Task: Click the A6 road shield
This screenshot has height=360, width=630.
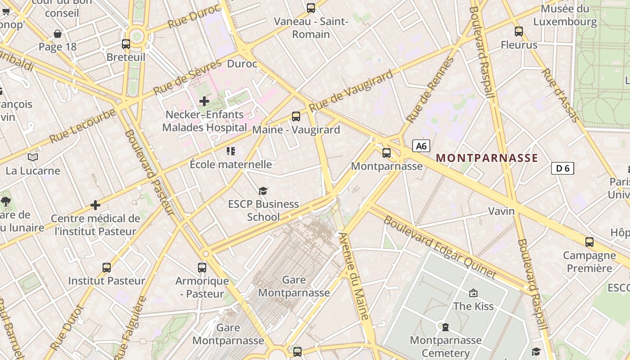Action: (421, 146)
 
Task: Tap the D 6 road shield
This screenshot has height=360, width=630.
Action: (562, 168)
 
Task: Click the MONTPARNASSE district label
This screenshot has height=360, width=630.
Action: (487, 158)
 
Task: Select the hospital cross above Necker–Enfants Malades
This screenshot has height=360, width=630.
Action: (204, 101)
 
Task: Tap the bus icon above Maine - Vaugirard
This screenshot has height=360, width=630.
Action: (296, 117)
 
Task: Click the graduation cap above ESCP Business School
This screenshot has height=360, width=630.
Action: (263, 191)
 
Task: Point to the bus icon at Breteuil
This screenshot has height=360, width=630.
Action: (126, 44)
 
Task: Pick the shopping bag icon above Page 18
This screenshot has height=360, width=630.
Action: (58, 34)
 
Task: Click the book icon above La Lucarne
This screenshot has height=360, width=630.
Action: (33, 157)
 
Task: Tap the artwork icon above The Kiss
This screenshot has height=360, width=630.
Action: (473, 293)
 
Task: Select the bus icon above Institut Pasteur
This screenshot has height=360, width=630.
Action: (107, 268)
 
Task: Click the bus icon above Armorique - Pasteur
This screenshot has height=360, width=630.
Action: (202, 268)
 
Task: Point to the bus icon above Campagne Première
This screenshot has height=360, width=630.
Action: (589, 242)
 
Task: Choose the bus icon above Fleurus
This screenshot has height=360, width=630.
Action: (519, 31)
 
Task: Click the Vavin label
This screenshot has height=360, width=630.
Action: (502, 211)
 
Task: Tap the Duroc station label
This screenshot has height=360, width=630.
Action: (242, 64)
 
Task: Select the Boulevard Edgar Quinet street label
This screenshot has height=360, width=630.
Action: (440, 247)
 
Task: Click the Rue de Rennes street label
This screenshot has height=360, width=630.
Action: (430, 90)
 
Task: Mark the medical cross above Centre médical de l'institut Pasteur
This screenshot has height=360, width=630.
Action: (95, 206)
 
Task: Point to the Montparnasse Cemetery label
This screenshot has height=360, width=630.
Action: (445, 346)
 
